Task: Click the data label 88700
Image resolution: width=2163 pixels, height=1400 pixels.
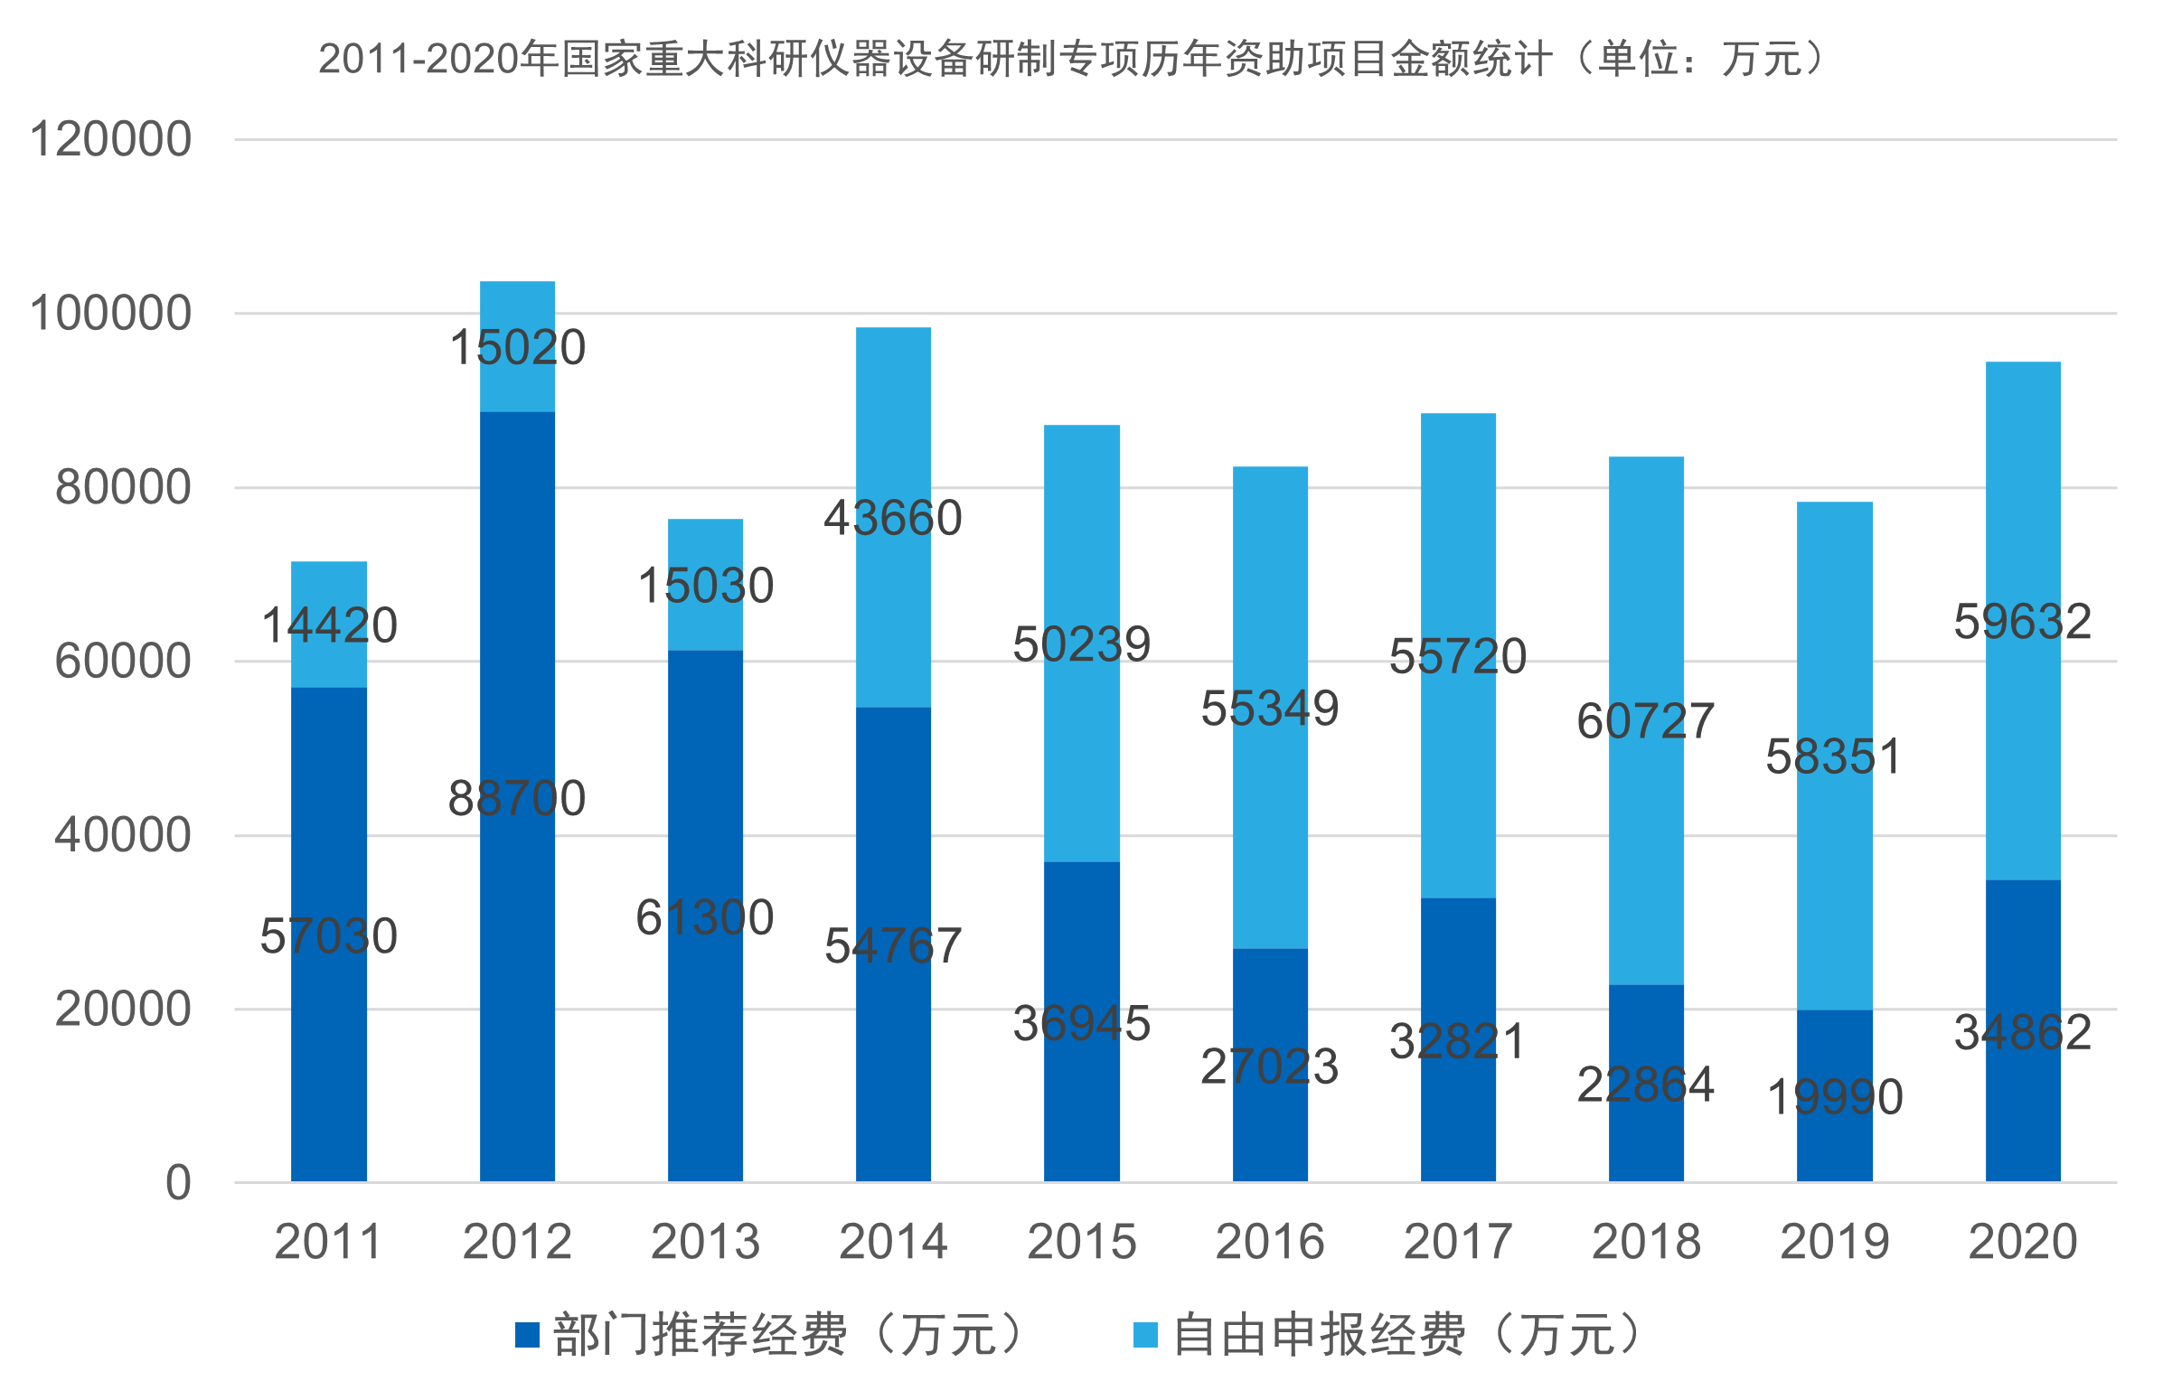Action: [516, 799]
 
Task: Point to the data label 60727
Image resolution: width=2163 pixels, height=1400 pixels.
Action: [1645, 722]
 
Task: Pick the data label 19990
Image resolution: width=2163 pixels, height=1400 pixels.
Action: [1834, 1097]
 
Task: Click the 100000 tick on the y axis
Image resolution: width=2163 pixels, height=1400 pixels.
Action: [111, 314]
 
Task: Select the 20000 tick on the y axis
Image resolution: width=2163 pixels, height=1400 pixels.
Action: [123, 1010]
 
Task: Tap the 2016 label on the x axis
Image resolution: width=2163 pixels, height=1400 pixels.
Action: [1270, 1242]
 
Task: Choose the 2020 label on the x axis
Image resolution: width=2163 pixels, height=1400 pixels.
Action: [2022, 1242]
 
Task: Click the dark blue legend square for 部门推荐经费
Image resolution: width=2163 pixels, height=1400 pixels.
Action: [527, 1335]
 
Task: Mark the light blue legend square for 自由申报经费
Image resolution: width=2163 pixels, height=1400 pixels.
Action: [1146, 1335]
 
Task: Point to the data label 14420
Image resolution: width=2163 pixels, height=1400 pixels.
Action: [329, 626]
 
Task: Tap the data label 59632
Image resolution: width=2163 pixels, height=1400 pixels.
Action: [2022, 623]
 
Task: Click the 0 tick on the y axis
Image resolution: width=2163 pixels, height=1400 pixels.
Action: [178, 1184]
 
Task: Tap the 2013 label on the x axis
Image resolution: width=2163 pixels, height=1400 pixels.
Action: [705, 1242]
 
